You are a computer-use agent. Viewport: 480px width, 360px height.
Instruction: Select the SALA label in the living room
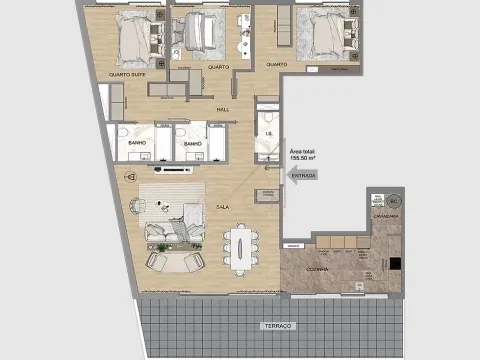tap(223, 208)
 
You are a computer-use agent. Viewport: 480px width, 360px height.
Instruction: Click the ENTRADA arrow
tap(302, 176)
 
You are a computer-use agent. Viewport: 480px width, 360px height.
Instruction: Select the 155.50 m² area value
tap(303, 157)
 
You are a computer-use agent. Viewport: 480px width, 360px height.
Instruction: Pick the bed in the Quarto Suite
tap(136, 38)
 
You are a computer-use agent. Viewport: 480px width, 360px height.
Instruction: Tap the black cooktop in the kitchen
tap(397, 265)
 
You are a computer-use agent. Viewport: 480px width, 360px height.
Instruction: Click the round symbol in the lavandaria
tap(393, 200)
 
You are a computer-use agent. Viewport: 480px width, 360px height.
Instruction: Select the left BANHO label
tap(136, 143)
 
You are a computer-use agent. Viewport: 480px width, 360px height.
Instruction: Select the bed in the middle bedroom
tap(204, 35)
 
